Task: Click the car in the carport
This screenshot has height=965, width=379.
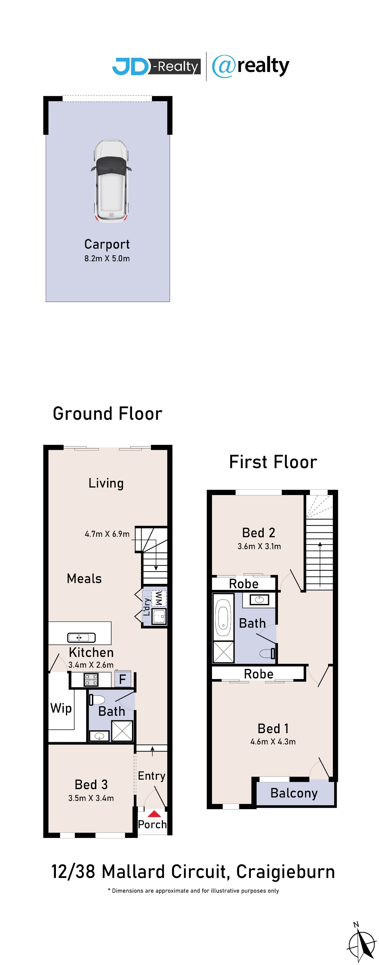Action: point(111,181)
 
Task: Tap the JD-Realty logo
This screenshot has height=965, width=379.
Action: point(156,66)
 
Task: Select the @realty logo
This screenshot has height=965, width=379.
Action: point(250,66)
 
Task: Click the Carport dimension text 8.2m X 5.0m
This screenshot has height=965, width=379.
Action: point(107,258)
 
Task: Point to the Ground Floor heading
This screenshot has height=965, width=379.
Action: point(107,414)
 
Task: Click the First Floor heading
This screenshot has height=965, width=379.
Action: point(273,462)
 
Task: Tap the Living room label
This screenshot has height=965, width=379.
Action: point(106,483)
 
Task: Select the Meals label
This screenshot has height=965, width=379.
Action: point(84,578)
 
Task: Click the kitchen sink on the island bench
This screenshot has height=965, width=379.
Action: point(81,637)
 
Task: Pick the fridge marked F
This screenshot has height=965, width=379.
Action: point(122,679)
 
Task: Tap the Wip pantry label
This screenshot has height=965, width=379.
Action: point(61,708)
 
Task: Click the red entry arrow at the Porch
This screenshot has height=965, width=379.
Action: point(154,813)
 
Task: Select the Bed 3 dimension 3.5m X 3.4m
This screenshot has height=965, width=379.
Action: point(91,798)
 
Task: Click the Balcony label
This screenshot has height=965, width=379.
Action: point(294,793)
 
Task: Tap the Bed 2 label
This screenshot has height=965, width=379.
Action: point(259,532)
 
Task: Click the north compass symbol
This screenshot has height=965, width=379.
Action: point(361,943)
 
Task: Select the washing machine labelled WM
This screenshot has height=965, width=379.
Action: point(159,598)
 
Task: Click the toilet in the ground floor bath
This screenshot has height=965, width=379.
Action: point(97,699)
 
